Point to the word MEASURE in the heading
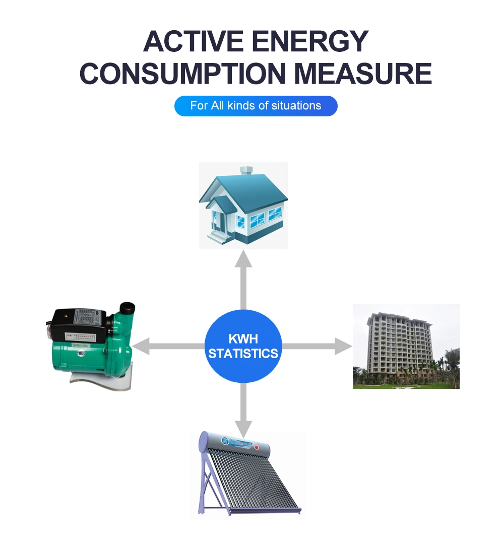point(363,74)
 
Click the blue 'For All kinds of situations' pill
point(256,106)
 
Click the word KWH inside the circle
point(243,338)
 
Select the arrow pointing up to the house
point(243,277)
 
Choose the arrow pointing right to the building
point(318,346)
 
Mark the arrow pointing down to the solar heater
point(243,408)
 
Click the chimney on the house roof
point(246,172)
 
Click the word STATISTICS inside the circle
point(243,354)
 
